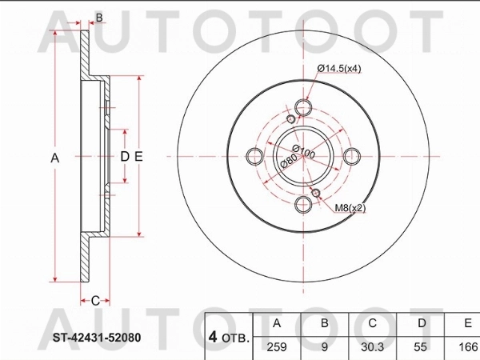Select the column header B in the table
(x=323, y=324)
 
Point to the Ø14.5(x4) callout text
(x=339, y=68)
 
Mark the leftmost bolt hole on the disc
(x=255, y=157)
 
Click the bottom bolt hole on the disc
(x=303, y=206)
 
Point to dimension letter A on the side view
(x=54, y=158)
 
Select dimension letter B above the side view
(x=99, y=18)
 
